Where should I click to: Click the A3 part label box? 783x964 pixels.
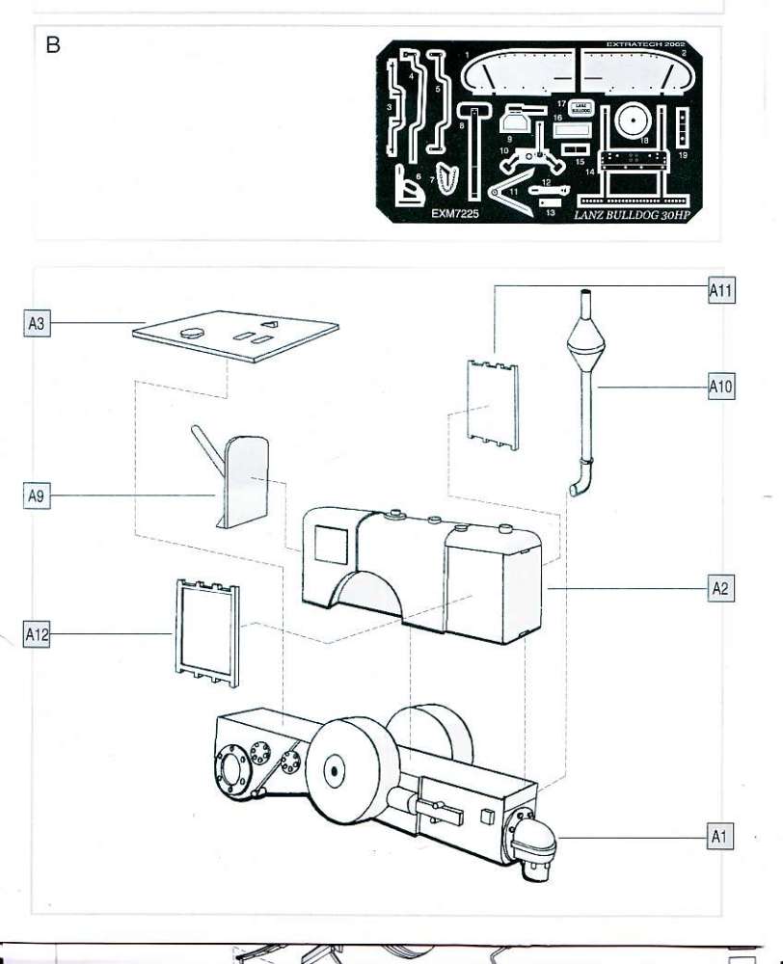(36, 324)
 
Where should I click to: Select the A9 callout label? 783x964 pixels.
(36, 496)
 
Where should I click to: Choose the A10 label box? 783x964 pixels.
(721, 388)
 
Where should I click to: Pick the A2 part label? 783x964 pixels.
(719, 588)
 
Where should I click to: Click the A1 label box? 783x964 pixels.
(719, 837)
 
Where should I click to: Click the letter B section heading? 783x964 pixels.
(53, 45)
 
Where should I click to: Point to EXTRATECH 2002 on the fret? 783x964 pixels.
(645, 44)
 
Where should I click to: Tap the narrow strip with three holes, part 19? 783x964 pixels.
(683, 130)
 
